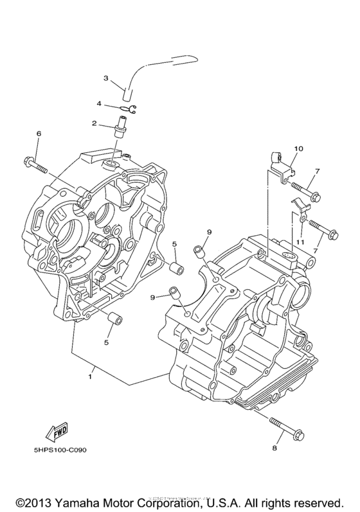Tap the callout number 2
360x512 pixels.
click(94, 123)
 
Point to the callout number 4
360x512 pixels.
click(99, 103)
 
